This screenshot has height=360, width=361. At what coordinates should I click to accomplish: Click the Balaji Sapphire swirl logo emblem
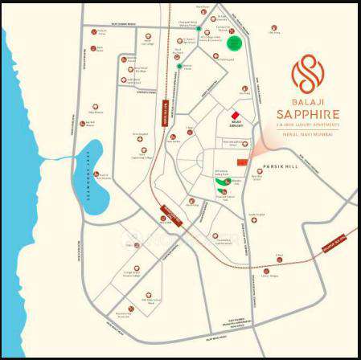[x=305, y=74]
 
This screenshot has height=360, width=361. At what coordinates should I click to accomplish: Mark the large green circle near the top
[x=235, y=43]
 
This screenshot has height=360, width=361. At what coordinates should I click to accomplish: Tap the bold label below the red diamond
[x=235, y=126]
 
